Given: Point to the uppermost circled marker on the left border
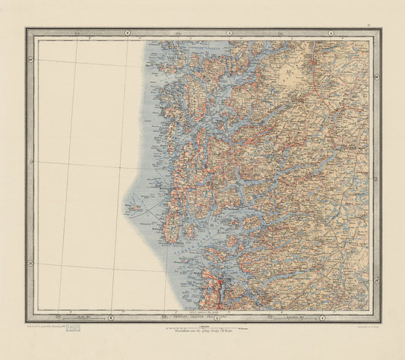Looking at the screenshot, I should [30, 60].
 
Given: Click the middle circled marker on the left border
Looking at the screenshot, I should [30, 161].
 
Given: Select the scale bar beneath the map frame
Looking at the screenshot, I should [202, 326].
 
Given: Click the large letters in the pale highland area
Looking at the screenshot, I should [290, 74].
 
